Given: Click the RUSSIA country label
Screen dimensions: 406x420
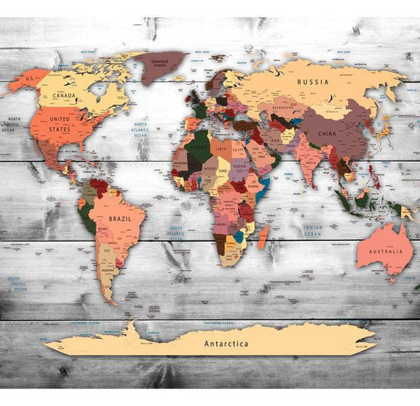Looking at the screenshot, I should tap(313, 82).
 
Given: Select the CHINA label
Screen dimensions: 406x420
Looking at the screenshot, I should tap(327, 134).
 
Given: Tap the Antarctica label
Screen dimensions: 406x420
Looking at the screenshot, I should tap(226, 343).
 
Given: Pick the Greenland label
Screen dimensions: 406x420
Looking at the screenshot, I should tap(159, 60).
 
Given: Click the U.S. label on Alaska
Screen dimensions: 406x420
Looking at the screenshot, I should tap(29, 78).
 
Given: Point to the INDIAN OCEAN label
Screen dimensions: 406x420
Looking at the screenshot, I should tap(313, 231).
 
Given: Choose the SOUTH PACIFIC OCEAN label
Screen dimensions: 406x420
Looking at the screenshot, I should tap(17, 284).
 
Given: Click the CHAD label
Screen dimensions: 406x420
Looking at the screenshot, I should tap(223, 170).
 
